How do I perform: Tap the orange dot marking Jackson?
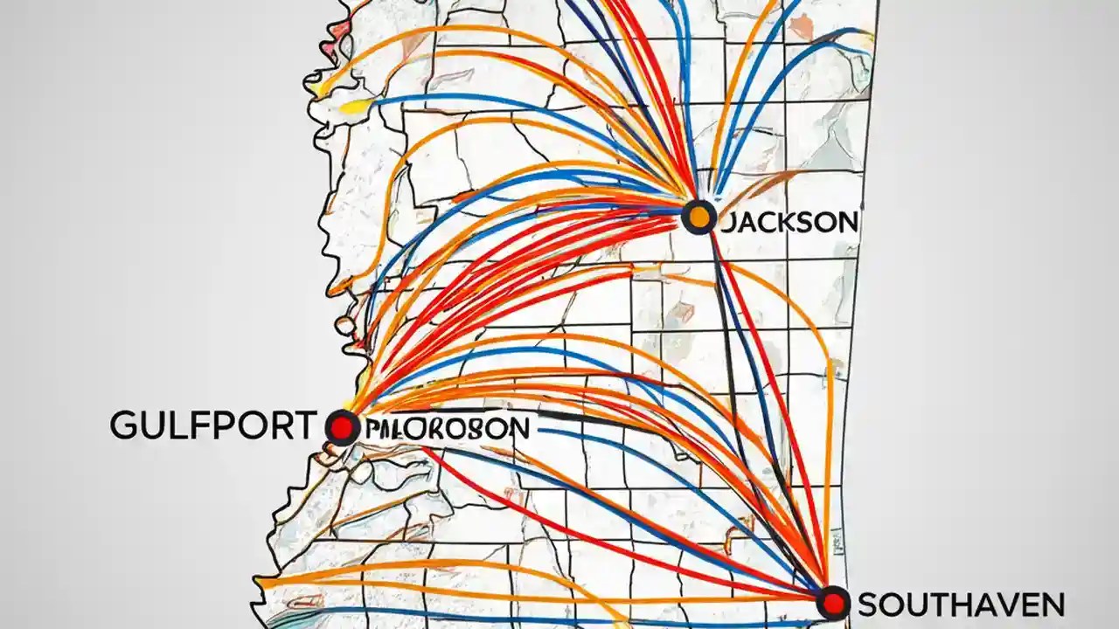[x=699, y=216]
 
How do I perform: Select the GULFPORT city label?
[x=212, y=425]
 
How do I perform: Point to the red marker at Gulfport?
[x=342, y=428]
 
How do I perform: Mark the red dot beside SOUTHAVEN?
[x=832, y=603]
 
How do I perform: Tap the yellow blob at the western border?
[x=351, y=107]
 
